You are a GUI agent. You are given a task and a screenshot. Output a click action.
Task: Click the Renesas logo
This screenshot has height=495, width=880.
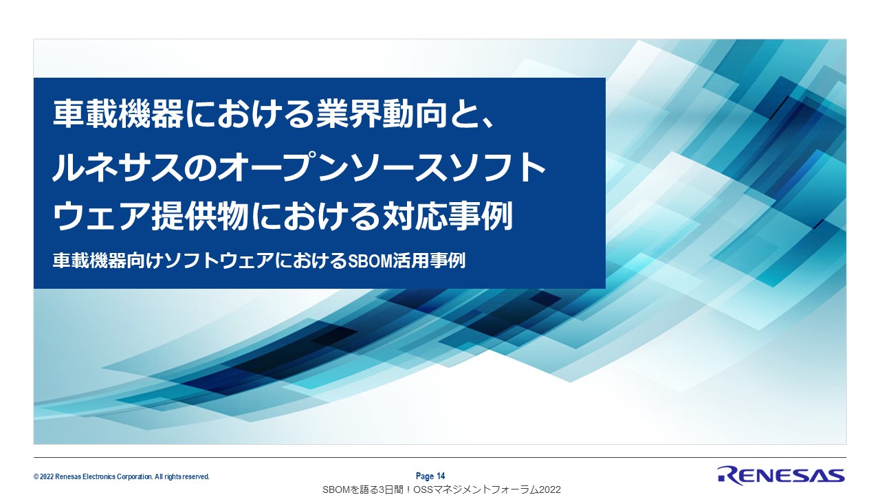[x=780, y=476]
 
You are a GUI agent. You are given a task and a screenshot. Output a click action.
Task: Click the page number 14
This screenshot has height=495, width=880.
[x=441, y=476]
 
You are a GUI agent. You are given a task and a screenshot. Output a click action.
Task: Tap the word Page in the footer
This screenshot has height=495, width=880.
[x=425, y=476]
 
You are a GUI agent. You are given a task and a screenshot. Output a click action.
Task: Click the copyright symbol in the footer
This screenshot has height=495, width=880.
[x=36, y=477]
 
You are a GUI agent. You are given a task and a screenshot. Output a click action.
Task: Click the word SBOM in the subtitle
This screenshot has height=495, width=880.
[x=370, y=261]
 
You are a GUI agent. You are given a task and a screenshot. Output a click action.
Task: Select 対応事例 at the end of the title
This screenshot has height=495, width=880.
[x=448, y=216]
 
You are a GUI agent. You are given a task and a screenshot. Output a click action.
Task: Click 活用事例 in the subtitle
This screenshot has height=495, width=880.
[x=429, y=261]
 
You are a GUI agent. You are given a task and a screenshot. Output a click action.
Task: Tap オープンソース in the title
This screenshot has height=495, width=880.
[x=315, y=168]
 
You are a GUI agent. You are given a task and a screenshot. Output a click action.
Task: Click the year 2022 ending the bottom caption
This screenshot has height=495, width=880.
[x=549, y=489]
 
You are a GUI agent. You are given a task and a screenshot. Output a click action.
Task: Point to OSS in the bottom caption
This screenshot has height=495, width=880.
[x=423, y=489]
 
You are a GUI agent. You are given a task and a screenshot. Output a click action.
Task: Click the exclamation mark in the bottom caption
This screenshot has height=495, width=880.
[x=408, y=489]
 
